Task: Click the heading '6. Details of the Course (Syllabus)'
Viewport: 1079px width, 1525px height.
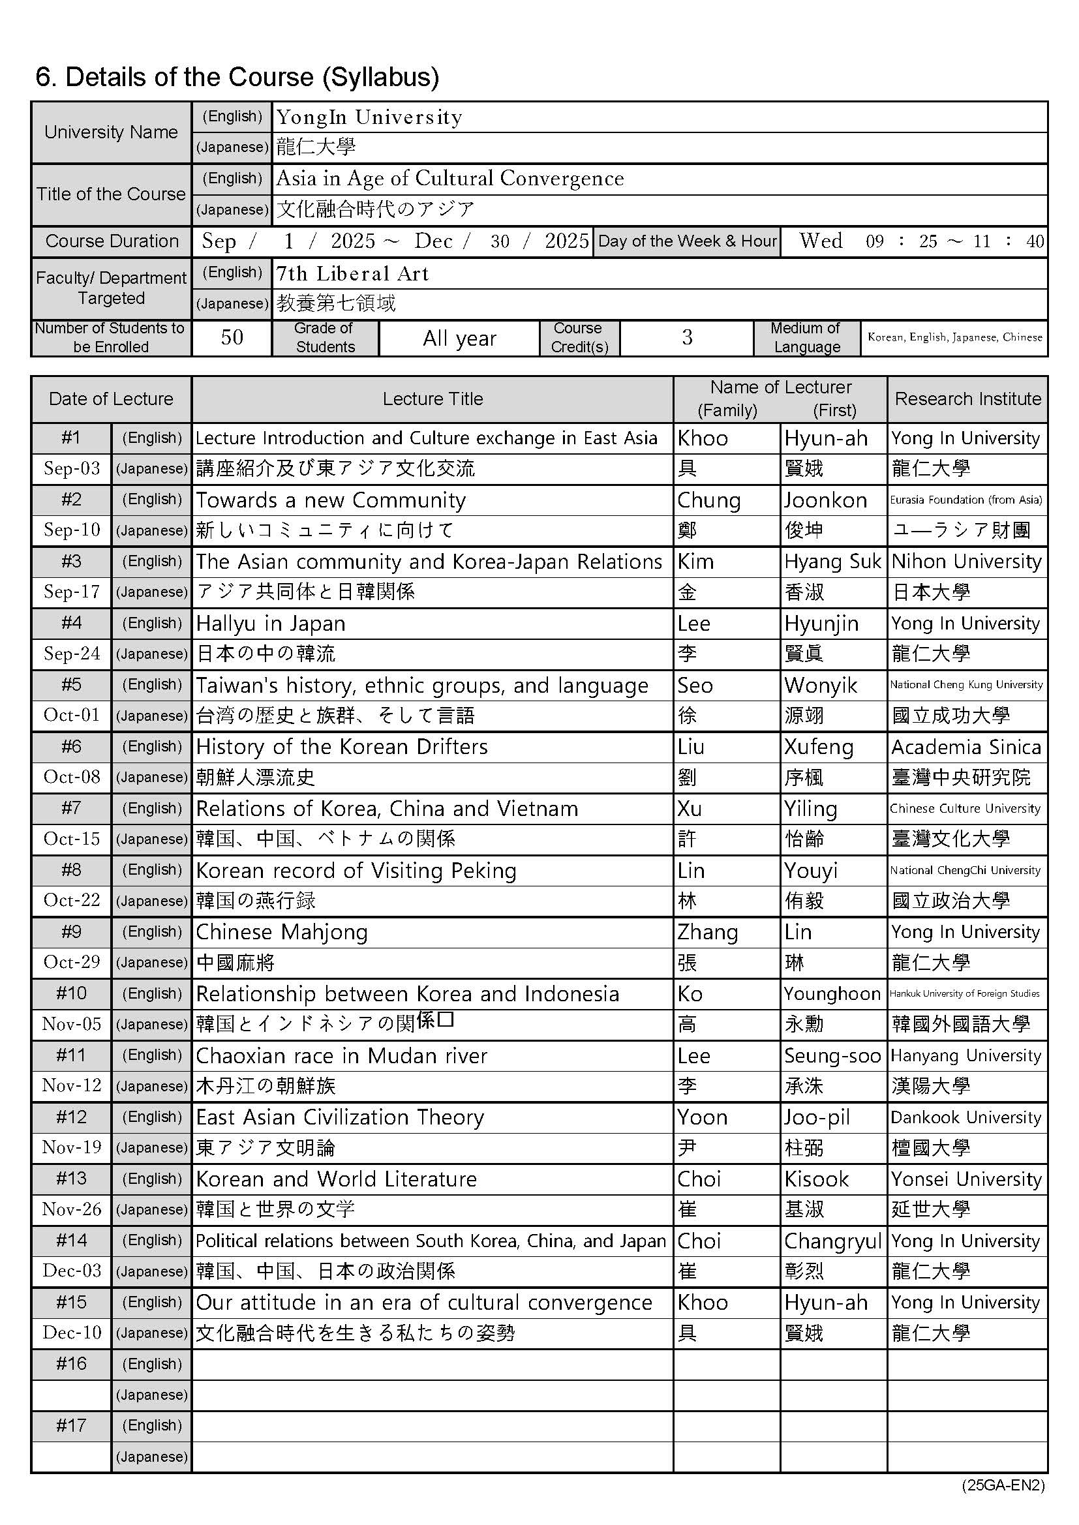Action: pos(237,77)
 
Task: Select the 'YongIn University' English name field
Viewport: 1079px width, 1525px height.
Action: pos(369,117)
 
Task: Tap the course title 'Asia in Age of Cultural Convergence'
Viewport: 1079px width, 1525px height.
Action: pos(450,179)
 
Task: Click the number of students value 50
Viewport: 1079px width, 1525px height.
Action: pos(231,337)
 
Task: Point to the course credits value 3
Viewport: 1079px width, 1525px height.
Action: pos(686,337)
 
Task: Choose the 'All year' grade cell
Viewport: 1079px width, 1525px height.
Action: pos(459,339)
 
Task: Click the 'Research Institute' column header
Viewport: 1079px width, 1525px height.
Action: pos(967,399)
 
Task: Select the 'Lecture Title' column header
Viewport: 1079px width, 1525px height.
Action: pos(433,399)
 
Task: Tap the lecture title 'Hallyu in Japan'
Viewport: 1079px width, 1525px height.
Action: pos(271,624)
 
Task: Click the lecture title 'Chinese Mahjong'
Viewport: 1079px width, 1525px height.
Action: pos(282,932)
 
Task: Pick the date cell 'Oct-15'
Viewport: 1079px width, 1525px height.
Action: pos(72,839)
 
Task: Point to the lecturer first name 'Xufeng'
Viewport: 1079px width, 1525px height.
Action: pos(819,747)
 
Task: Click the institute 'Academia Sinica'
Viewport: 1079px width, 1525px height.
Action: pos(966,747)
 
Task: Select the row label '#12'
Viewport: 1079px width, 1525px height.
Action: pos(71,1117)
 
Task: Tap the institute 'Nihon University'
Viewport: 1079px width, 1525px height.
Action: pos(966,562)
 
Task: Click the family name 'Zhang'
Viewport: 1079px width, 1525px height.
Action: pos(708,933)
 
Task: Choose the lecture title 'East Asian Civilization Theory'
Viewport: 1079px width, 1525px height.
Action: pos(339,1117)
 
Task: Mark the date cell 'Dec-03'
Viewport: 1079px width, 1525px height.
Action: pos(72,1271)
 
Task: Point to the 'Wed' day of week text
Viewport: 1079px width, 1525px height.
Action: pos(821,241)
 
